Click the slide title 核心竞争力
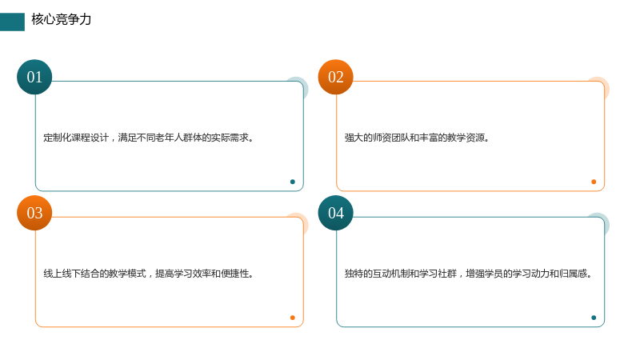click(62, 19)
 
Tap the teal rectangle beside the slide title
click(12, 22)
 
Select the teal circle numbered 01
click(34, 77)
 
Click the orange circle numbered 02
click(335, 77)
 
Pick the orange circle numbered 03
click(34, 213)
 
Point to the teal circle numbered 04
click(335, 213)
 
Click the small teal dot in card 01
click(292, 182)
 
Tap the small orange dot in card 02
click(594, 182)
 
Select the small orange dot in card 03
click(292, 318)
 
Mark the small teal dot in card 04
click(594, 318)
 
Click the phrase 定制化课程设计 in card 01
click(76, 138)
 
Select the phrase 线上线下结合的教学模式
click(94, 274)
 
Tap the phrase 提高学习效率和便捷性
click(202, 274)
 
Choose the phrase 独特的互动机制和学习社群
click(401, 274)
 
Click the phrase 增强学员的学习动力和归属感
click(526, 274)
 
